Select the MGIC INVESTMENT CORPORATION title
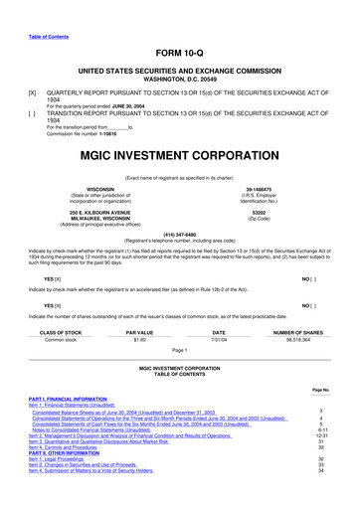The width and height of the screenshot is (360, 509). [x=179, y=155]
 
